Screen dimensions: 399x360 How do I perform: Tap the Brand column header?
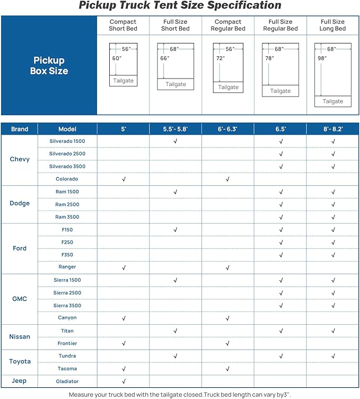20,129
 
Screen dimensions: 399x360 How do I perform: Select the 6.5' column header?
280,129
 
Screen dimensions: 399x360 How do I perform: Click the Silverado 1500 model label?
67,141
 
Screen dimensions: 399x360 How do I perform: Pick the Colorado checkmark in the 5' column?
124,179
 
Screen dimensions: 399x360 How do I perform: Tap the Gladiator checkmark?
124,381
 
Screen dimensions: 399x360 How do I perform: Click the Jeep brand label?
20,381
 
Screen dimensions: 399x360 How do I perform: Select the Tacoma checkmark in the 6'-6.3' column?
227,369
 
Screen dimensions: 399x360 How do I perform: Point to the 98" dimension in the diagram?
322,58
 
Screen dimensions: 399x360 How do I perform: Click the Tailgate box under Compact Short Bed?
123,81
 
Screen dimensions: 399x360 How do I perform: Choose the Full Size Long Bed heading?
332,25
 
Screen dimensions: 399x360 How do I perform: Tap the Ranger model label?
67,267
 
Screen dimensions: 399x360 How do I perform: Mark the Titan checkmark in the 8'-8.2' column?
333,331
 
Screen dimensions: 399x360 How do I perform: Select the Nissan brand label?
20,337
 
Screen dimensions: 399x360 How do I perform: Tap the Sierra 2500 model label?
67,293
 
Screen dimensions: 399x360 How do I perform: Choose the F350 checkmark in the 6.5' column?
280,255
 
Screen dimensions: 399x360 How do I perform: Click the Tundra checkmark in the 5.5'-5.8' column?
175,356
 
